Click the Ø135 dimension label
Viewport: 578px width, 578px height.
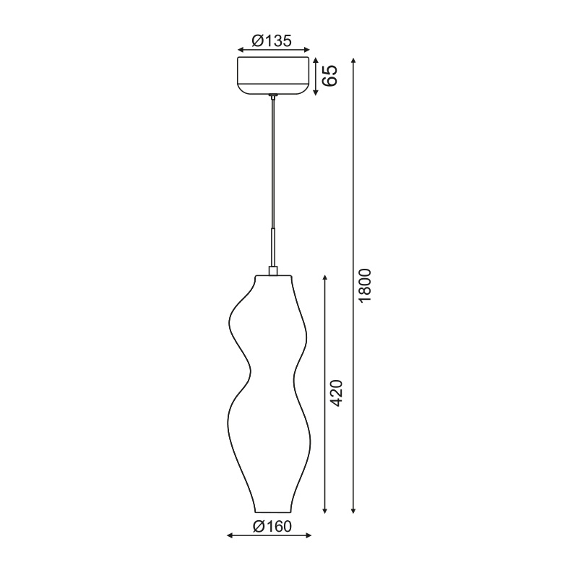pos(272,40)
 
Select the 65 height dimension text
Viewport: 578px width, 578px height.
pos(329,76)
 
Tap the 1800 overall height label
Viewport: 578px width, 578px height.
pos(365,285)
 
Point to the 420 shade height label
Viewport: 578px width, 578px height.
pos(337,393)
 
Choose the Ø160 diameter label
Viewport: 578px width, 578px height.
pos(272,527)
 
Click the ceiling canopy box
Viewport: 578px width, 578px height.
pos(273,75)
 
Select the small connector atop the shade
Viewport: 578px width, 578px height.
pos(273,270)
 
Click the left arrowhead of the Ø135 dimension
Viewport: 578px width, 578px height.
pos(241,50)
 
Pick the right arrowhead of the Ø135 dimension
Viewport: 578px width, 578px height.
pos(306,50)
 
